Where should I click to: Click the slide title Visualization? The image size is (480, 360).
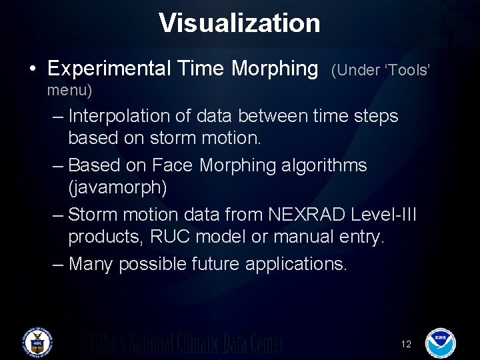pos(239,23)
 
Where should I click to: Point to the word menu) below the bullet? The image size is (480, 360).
pos(70,89)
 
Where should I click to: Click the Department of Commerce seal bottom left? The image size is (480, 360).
pos(37,342)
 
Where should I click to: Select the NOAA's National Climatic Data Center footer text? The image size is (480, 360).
pos(187,343)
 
